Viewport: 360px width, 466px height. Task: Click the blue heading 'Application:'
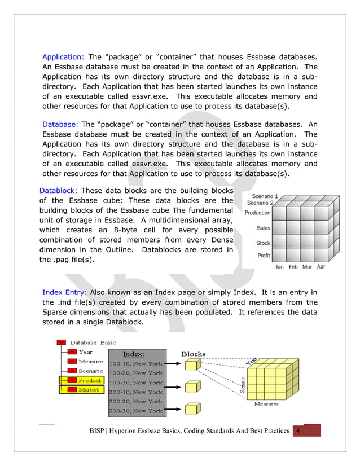pyautogui.click(x=63, y=57)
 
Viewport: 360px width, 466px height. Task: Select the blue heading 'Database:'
pyautogui.click(x=60, y=124)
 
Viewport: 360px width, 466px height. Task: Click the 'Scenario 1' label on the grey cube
pyautogui.click(x=265, y=196)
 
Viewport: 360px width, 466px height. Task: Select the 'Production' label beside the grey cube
pyautogui.click(x=257, y=213)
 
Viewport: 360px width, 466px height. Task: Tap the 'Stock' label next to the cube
pyautogui.click(x=263, y=243)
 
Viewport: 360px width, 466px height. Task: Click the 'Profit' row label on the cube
pyautogui.click(x=264, y=256)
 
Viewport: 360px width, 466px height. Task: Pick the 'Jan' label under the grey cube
pyautogui.click(x=279, y=267)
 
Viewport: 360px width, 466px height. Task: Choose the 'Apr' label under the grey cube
pyautogui.click(x=321, y=267)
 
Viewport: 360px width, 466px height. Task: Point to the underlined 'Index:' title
pyautogui.click(x=134, y=354)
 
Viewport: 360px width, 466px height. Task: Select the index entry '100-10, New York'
pyautogui.click(x=136, y=364)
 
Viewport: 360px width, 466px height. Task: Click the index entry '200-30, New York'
pyautogui.click(x=136, y=411)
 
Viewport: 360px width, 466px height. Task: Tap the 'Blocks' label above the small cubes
pyautogui.click(x=193, y=354)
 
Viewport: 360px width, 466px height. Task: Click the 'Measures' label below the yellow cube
pyautogui.click(x=266, y=403)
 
